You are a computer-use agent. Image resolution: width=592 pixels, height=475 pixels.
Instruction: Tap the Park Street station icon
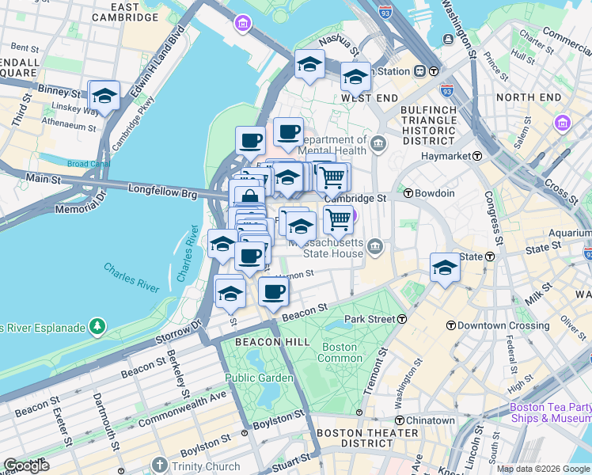point(402,319)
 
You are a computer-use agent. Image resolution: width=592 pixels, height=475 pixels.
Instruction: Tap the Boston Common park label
point(339,352)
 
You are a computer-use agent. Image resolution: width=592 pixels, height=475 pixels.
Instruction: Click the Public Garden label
point(258,378)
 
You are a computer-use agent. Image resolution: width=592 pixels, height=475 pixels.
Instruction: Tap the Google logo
point(26,465)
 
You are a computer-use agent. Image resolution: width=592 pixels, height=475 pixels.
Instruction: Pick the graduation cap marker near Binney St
point(104,97)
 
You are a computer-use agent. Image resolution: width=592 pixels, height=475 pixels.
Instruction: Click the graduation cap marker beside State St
point(446,268)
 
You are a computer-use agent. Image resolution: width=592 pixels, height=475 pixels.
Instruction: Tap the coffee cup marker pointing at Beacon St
point(274,291)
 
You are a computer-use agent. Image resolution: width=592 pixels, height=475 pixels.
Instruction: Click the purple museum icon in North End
point(563,123)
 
